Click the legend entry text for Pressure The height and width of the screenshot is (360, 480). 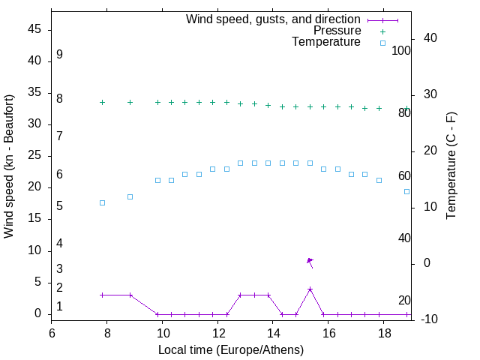337,31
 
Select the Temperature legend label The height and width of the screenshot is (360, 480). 326,42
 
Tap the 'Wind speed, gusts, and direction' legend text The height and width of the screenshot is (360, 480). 273,19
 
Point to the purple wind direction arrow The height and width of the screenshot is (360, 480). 310,262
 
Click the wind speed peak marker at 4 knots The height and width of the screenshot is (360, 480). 310,289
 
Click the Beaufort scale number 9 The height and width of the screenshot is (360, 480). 59,55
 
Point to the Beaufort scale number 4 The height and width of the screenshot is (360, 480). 59,244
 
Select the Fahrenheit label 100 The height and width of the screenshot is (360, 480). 402,51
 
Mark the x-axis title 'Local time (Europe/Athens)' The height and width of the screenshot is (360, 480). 232,349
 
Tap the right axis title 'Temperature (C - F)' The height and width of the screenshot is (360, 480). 451,166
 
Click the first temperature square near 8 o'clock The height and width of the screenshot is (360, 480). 102,203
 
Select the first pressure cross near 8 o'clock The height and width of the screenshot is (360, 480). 102,103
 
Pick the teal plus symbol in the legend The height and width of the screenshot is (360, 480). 382,31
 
